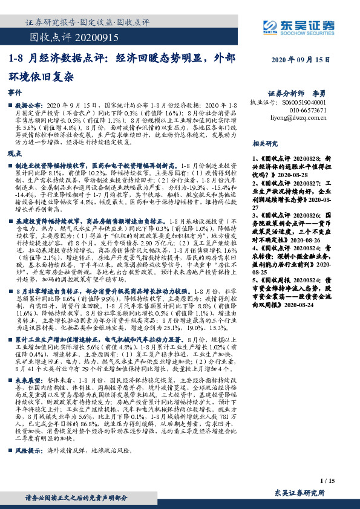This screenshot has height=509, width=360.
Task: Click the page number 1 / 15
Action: pyautogui.click(x=326, y=480)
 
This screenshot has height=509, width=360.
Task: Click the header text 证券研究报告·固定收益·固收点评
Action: pyautogui.click(x=88, y=22)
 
